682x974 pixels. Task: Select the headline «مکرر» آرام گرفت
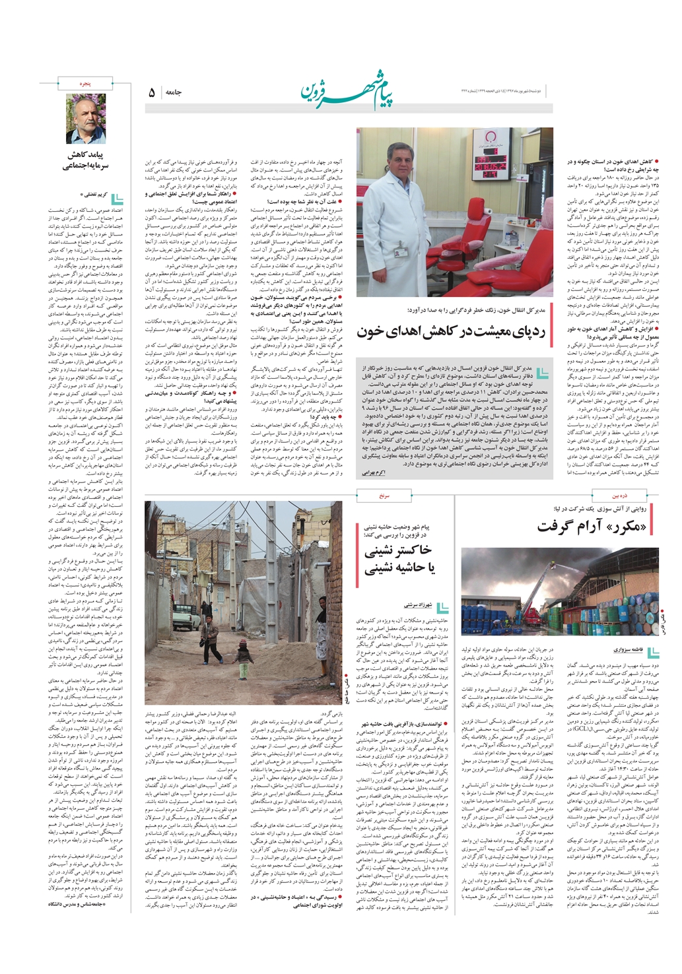pyautogui.click(x=592, y=526)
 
